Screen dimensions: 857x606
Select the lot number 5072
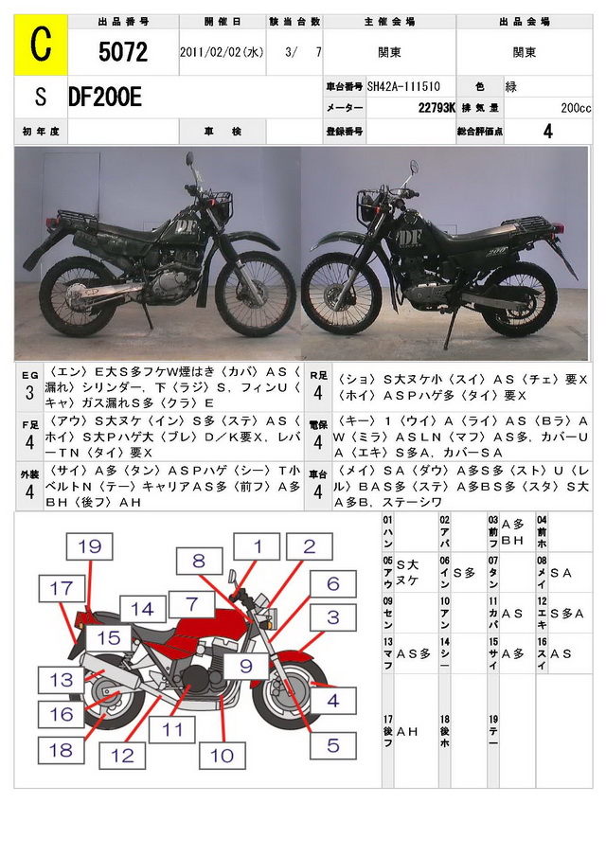click(123, 53)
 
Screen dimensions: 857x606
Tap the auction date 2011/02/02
click(222, 53)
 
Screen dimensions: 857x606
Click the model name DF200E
click(105, 97)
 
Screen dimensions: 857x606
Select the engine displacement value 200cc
click(576, 109)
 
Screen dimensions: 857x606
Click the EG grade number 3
click(29, 392)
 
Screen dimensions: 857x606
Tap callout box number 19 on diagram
click(89, 545)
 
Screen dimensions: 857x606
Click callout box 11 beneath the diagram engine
click(171, 729)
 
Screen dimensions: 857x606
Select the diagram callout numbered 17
click(62, 588)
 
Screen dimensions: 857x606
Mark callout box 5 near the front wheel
click(332, 745)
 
